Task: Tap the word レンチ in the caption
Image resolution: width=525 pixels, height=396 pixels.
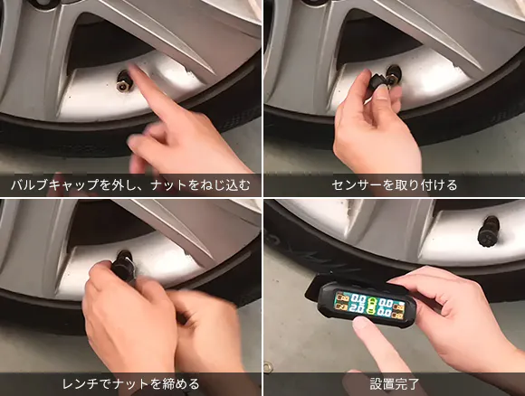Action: coord(81,383)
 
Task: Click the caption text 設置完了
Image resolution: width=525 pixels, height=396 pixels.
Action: coord(395,383)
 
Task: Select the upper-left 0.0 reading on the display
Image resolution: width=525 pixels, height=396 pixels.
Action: coord(358,297)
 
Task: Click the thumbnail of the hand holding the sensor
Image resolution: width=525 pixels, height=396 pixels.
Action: coord(394,98)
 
